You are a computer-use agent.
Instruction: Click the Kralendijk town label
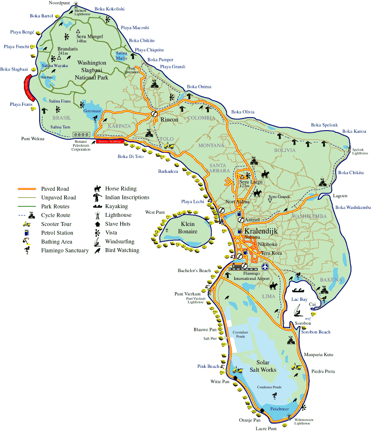261,231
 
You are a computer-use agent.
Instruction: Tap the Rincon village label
169,119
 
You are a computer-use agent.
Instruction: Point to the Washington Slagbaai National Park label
91,70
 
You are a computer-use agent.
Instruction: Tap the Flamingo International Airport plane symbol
266,266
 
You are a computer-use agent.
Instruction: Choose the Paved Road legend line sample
27,189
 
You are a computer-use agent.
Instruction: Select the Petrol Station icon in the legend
27,233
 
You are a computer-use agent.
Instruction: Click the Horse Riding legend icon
98,189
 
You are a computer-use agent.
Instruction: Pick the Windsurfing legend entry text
120,242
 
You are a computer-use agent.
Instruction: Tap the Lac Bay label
299,299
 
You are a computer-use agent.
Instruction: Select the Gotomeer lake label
92,111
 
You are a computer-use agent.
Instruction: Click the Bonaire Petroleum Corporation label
81,145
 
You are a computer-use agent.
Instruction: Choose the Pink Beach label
208,366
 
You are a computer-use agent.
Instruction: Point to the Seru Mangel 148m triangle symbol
78,31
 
